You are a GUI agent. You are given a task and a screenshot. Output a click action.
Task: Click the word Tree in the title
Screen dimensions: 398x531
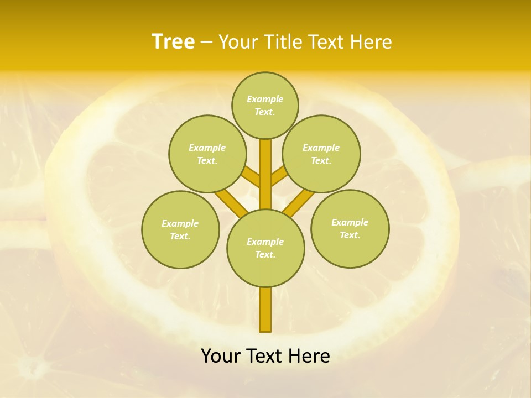click(173, 42)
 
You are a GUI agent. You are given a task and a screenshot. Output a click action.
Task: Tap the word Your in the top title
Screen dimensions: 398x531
click(238, 42)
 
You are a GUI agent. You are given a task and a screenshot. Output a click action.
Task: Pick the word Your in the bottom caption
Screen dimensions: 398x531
click(220, 356)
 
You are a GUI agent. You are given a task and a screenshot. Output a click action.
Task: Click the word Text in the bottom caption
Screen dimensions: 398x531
click(263, 356)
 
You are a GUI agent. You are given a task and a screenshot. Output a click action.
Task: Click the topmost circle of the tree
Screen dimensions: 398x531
click(265, 105)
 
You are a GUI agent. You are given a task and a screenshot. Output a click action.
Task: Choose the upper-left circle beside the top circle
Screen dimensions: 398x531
click(207, 154)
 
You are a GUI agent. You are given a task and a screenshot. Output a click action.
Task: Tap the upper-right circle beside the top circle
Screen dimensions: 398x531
click(321, 154)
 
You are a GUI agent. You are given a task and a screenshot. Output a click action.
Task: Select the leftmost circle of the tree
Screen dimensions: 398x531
click(180, 230)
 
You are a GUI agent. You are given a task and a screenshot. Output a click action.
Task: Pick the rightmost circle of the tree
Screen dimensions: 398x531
click(350, 229)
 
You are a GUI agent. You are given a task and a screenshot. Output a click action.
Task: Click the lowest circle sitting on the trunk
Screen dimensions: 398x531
click(265, 248)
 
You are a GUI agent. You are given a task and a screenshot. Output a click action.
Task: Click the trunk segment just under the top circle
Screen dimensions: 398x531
click(265, 155)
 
